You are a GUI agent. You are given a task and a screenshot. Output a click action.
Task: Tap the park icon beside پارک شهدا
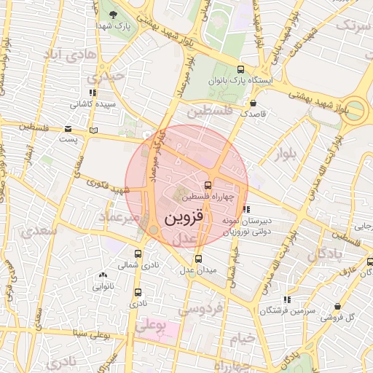(112, 14)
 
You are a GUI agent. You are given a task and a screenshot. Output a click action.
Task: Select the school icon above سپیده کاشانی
(92, 93)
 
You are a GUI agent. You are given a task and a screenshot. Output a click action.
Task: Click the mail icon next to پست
(92, 130)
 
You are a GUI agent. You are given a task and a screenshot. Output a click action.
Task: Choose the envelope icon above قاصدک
(253, 103)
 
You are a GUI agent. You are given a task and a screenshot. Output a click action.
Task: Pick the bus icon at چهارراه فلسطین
(208, 186)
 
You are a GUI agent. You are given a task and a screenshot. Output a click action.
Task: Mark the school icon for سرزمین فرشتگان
(288, 299)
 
